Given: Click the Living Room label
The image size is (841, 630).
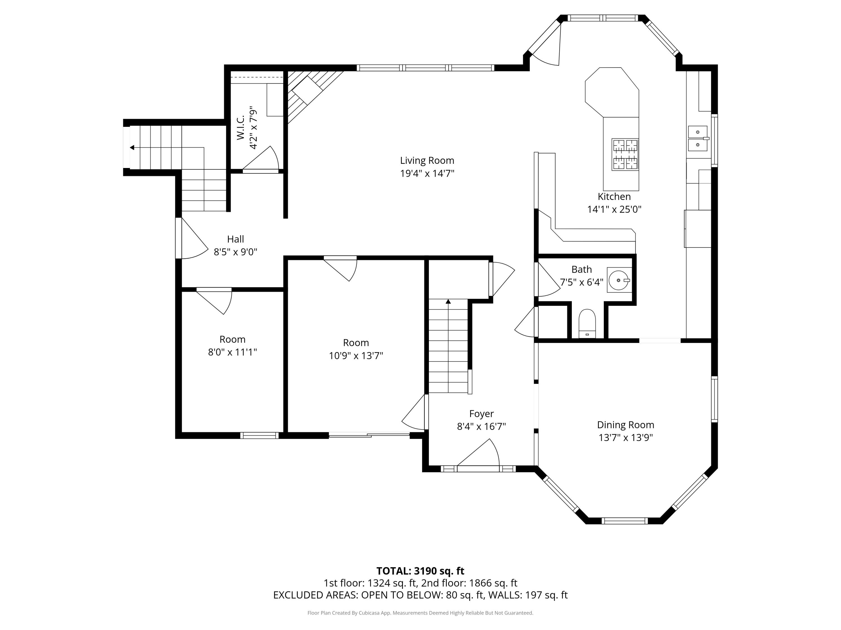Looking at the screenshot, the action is pos(427,161).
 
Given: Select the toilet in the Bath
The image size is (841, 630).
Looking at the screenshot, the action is pos(587,323).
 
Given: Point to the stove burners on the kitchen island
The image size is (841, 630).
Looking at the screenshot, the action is pos(625,154).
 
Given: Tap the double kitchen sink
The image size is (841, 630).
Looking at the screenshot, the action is pos(698,139).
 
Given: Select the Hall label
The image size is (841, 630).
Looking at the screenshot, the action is pos(235,239).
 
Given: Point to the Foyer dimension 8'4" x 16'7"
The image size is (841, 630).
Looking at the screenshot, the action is pos(481,426).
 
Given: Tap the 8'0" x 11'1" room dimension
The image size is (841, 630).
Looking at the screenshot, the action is pos(232,352).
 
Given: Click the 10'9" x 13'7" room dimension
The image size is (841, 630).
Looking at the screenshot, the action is pos(356,355).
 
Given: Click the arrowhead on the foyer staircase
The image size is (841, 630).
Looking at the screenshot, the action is pos(448,302).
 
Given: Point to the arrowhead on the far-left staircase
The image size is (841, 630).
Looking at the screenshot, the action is pos(132,147).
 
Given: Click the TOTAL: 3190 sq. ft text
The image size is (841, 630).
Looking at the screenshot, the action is pos(420,571).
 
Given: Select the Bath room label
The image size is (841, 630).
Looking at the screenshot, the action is pos(582,269).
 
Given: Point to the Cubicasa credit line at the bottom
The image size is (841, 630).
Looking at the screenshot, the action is pos(420,613).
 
